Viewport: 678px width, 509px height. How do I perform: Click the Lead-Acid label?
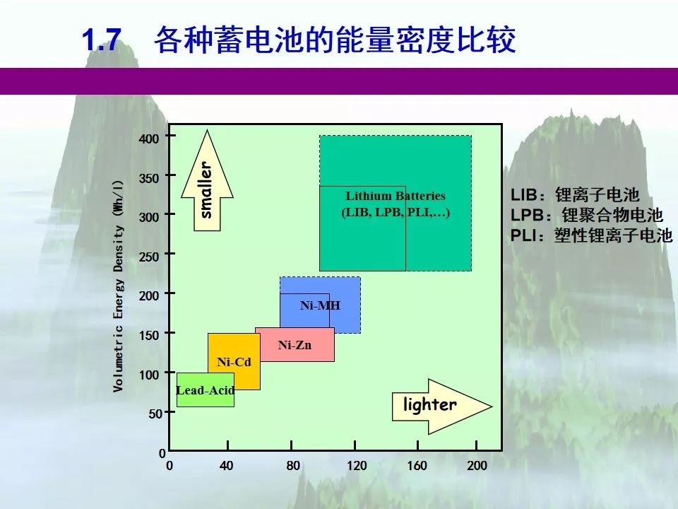206,390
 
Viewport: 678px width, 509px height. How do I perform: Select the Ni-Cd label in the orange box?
234,362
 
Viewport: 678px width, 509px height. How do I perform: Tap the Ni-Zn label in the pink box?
295,345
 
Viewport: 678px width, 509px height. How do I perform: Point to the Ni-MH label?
320,305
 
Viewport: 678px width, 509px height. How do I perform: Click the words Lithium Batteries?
395,196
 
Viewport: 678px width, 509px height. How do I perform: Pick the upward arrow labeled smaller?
207,180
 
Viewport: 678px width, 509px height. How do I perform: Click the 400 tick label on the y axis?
149,139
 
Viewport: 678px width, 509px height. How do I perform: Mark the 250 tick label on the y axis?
149,257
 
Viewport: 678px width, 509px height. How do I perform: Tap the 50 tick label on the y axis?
155,414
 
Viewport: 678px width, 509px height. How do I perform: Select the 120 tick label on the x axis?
357,466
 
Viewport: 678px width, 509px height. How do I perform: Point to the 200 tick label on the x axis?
477,466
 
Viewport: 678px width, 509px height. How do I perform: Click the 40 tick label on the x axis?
226,466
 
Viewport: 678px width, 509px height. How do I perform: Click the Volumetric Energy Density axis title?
119,286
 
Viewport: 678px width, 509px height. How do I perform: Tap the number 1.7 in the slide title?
102,40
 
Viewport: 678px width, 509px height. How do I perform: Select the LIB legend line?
575,195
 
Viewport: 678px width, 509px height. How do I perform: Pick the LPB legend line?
587,215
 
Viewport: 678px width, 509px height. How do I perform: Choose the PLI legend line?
592,235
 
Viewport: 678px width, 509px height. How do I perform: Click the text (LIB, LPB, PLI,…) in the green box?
395,213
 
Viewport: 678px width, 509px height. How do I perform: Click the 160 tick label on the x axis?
417,466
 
